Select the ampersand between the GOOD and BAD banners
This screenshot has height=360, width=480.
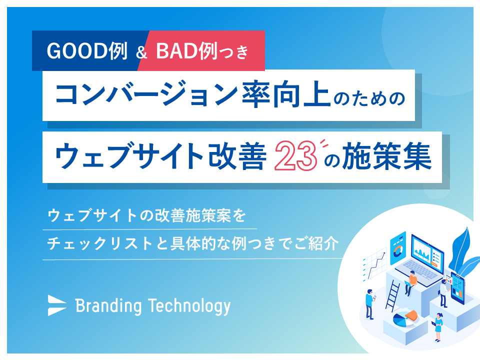pyautogui.click(x=140, y=52)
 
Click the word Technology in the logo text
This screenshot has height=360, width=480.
pyautogui.click(x=189, y=305)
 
